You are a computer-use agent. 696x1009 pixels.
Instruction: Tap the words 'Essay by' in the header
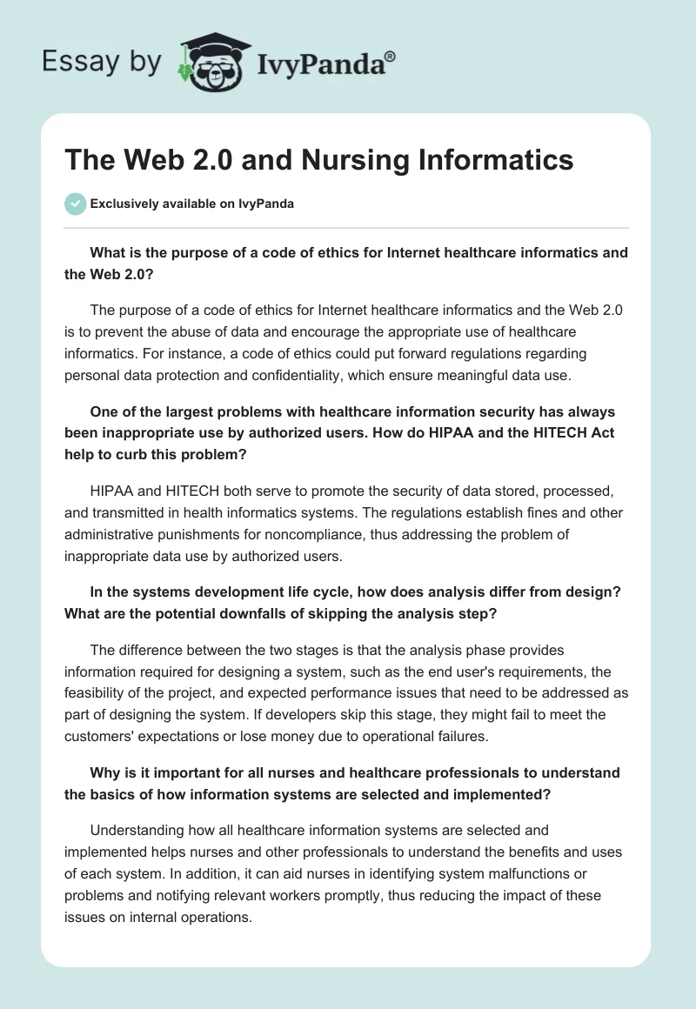(x=103, y=62)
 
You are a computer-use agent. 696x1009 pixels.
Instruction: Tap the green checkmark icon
(x=75, y=204)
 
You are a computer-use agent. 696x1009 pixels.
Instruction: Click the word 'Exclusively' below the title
(x=125, y=204)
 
